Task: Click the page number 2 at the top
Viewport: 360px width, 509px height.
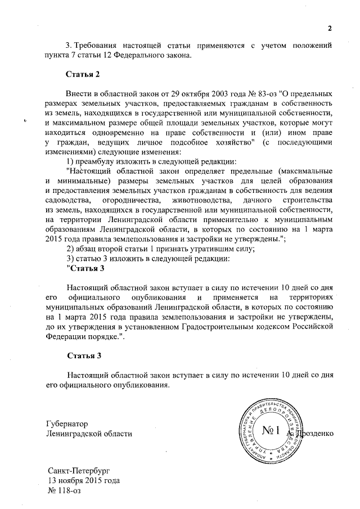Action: (x=331, y=29)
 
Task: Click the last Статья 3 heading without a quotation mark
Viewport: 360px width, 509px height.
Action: (x=84, y=356)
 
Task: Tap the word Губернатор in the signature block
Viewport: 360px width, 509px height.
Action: (x=67, y=424)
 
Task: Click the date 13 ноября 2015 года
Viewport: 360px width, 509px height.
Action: (x=83, y=480)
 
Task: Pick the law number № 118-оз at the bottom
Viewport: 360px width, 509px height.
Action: (x=62, y=491)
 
